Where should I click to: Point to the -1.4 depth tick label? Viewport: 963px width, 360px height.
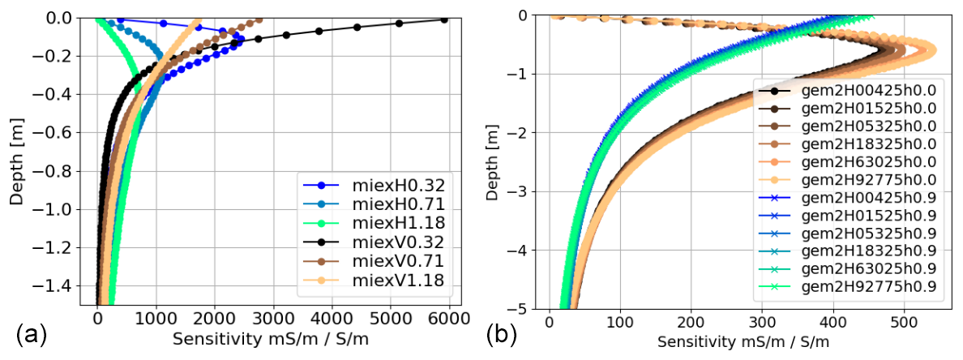[x=62, y=285]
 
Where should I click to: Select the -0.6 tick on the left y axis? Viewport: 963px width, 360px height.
[x=62, y=132]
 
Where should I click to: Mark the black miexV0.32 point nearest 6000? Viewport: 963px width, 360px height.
[x=444, y=19]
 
